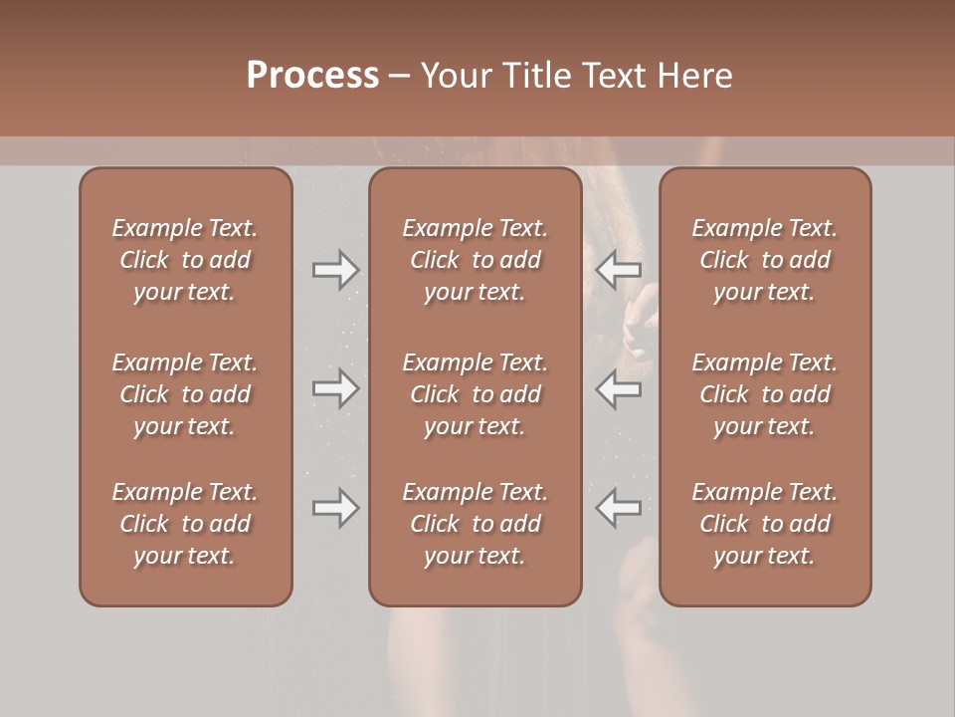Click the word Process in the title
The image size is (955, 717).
coord(312,76)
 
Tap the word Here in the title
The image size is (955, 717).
coord(695,76)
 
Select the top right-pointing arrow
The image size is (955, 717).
coord(335,269)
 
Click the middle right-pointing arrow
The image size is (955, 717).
coord(335,388)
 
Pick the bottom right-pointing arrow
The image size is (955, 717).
coord(335,508)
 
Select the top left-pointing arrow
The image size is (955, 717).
coord(619,269)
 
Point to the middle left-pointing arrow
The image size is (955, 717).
coord(619,388)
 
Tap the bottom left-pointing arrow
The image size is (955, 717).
coord(619,508)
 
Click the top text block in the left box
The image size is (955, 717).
coord(185,260)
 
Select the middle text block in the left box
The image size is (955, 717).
coord(185,394)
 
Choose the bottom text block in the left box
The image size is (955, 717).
coord(185,524)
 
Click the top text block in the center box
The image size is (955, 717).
coord(475,260)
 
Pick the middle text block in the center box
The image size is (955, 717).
coord(475,394)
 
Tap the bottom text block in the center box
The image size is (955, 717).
coord(475,524)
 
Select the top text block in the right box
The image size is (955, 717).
coord(765,260)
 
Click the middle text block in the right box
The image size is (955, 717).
coord(765,394)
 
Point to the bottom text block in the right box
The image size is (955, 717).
coord(765,524)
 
